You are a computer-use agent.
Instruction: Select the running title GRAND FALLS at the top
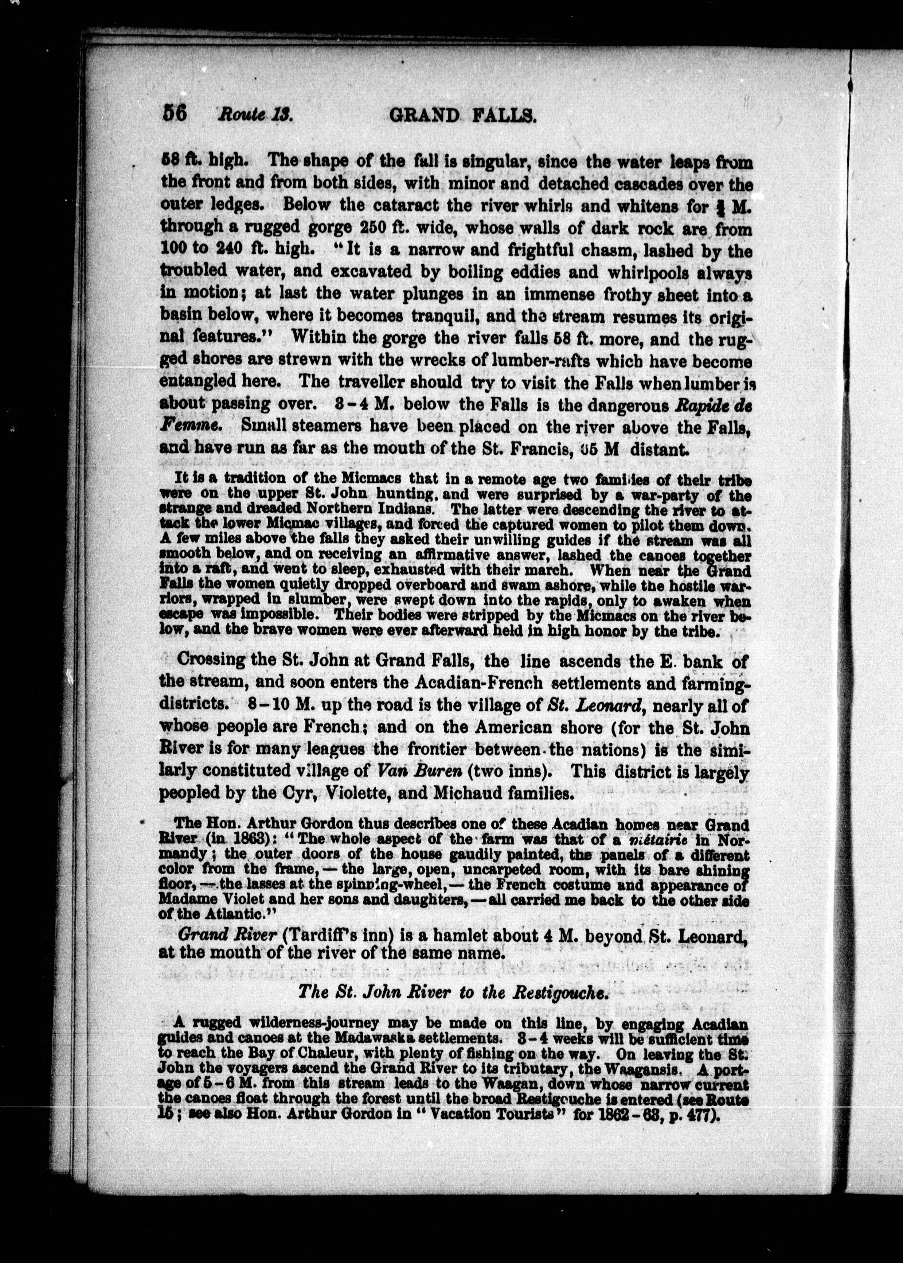pos(462,115)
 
